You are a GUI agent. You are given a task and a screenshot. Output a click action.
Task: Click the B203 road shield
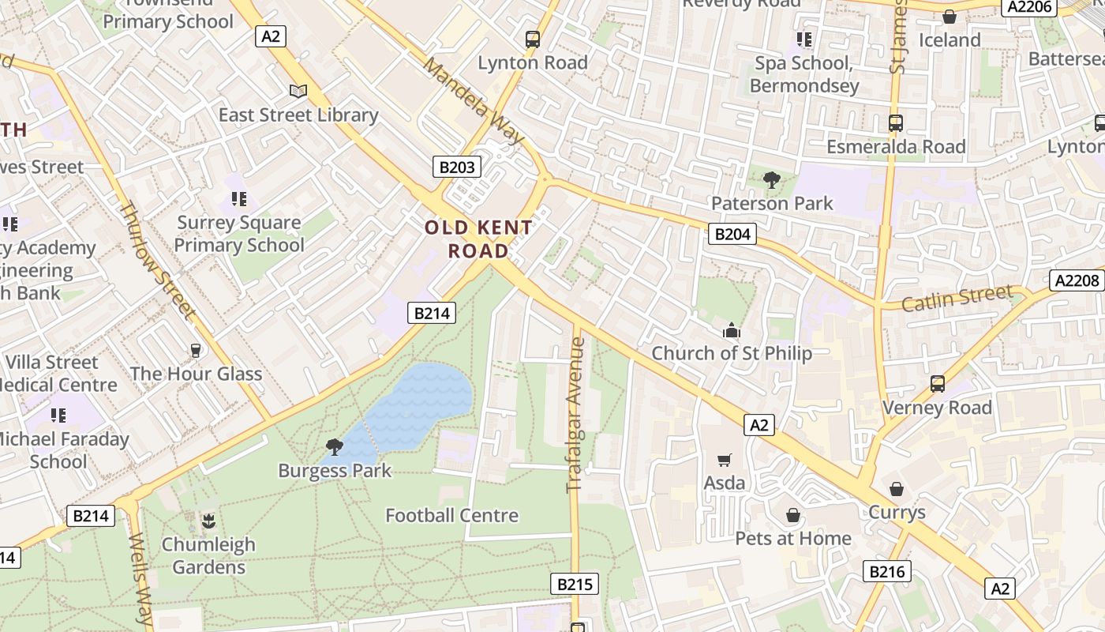click(457, 167)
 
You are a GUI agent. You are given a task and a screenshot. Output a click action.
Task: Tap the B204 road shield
click(732, 234)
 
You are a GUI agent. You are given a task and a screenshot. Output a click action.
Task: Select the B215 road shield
click(574, 584)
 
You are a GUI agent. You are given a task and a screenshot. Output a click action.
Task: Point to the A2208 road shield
click(1076, 280)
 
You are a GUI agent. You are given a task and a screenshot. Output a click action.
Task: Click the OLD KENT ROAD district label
click(478, 239)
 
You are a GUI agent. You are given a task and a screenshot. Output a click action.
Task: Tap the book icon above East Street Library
click(298, 92)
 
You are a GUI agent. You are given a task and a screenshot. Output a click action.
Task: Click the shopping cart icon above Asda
click(725, 460)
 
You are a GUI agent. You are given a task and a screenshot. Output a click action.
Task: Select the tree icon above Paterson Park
click(771, 180)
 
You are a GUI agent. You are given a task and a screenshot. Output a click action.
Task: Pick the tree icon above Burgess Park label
click(335, 447)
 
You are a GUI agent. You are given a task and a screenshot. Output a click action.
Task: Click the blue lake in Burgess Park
click(418, 403)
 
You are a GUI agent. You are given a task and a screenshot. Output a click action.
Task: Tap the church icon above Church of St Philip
click(732, 330)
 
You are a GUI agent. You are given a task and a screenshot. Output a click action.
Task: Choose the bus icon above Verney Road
click(937, 384)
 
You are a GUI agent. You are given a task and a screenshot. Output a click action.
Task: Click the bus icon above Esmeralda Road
click(895, 123)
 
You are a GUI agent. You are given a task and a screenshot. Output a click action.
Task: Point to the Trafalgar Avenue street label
click(575, 415)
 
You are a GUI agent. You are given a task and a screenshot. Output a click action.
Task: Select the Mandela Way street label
click(474, 100)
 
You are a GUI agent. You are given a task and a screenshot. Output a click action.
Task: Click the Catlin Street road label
click(957, 299)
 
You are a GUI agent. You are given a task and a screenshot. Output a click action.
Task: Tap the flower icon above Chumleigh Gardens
click(208, 521)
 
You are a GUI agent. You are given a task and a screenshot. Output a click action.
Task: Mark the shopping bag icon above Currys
click(896, 489)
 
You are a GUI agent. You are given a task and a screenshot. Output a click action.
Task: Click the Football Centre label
click(451, 515)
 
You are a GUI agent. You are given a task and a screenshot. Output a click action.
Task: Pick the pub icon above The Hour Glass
click(195, 350)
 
